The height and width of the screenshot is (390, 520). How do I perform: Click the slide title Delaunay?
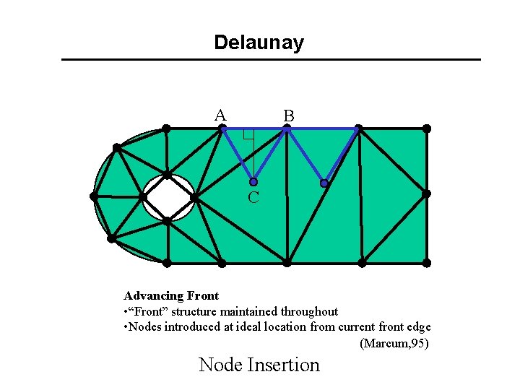pos(259,43)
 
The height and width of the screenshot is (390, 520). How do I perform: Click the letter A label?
pos(220,115)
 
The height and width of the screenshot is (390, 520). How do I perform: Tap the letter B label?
pos(288,116)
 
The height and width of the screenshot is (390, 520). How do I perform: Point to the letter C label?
pos(253,197)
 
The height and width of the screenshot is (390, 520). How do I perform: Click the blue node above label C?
pos(253,182)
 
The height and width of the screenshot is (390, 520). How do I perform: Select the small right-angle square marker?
pos(248,134)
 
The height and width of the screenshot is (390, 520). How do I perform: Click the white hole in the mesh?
pos(168,196)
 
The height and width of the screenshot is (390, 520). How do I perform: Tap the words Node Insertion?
pos(259,365)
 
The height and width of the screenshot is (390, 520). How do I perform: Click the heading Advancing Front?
pos(171,295)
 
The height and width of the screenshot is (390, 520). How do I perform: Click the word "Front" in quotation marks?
pos(149,311)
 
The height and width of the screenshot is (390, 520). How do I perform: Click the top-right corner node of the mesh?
pos(427,129)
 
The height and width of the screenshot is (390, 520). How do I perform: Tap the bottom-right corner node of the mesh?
pos(427,262)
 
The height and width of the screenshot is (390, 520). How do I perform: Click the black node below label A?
pos(222,129)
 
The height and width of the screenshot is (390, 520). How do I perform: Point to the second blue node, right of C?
pos(324,183)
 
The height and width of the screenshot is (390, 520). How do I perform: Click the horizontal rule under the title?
pos(271,59)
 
